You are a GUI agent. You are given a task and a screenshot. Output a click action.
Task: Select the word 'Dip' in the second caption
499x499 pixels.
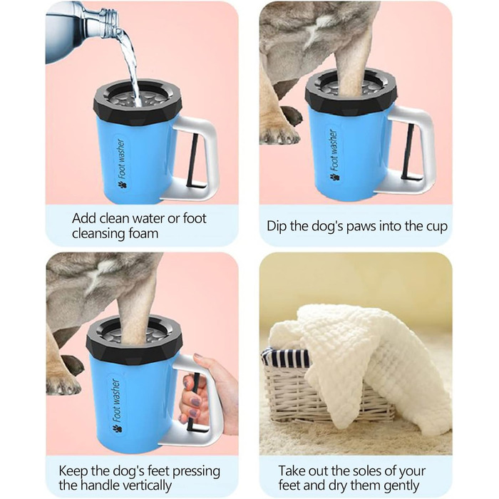point(277,227)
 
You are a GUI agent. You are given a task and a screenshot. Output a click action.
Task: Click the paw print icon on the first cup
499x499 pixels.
point(122,185)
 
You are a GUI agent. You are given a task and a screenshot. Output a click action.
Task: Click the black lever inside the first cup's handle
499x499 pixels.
point(192,163)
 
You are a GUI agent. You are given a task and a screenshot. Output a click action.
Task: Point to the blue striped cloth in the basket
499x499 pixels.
point(287,356)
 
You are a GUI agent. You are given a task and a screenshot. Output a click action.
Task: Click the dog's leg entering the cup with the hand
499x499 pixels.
point(134,309)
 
